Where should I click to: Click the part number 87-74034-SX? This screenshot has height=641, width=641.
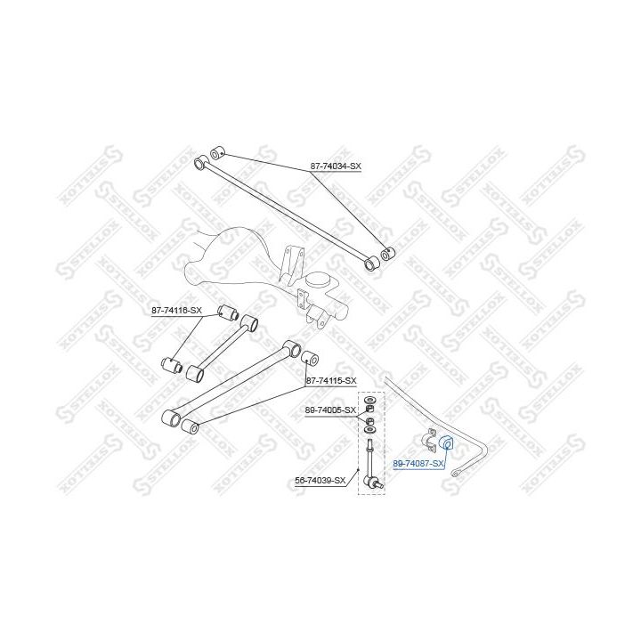[x=337, y=166]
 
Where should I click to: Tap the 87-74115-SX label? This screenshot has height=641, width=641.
[x=331, y=381]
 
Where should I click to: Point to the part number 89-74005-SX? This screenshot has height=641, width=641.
[x=330, y=410]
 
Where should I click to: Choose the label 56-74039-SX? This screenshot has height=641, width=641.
[x=320, y=481]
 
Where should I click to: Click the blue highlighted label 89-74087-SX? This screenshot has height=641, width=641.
[x=418, y=463]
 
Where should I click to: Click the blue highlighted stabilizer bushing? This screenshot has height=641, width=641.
[x=448, y=443]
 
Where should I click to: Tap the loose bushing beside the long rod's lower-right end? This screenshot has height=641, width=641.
[x=386, y=255]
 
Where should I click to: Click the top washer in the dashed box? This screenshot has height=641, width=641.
[x=370, y=398]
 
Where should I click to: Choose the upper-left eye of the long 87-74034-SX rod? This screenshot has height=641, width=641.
[x=201, y=162]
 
